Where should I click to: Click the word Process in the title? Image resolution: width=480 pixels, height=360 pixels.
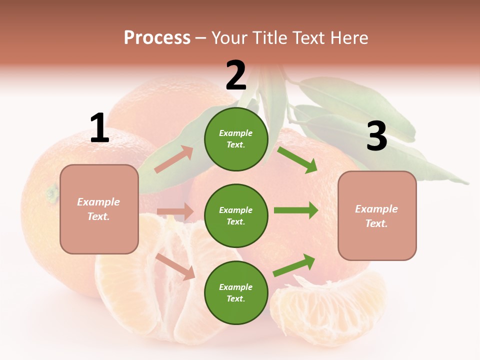[x=157, y=38]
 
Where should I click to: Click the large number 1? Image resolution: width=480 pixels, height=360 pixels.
[x=99, y=128]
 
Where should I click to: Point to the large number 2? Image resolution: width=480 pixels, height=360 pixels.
[x=236, y=75]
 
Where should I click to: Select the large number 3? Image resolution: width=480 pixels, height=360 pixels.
[x=376, y=136]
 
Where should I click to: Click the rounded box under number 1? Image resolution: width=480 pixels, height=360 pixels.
[x=99, y=209]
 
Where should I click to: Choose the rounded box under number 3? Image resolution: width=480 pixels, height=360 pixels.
[x=377, y=215]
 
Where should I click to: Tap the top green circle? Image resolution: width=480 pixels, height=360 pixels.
[x=236, y=139]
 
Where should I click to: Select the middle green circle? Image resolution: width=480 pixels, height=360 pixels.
[x=236, y=215]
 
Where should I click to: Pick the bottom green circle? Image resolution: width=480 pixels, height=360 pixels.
[x=236, y=292]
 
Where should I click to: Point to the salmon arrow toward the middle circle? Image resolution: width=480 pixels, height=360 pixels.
[x=175, y=212]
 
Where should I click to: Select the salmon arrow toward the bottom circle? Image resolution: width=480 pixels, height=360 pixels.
[x=175, y=266]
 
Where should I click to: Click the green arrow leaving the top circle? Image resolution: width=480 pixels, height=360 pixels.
[x=297, y=159]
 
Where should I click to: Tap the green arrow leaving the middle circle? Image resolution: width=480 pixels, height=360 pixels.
[x=296, y=210]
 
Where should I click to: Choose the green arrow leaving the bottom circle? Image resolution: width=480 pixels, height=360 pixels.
[x=294, y=265]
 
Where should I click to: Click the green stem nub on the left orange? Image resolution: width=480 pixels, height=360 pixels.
[x=52, y=192]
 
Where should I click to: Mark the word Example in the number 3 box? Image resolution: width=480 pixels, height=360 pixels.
[x=376, y=209]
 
